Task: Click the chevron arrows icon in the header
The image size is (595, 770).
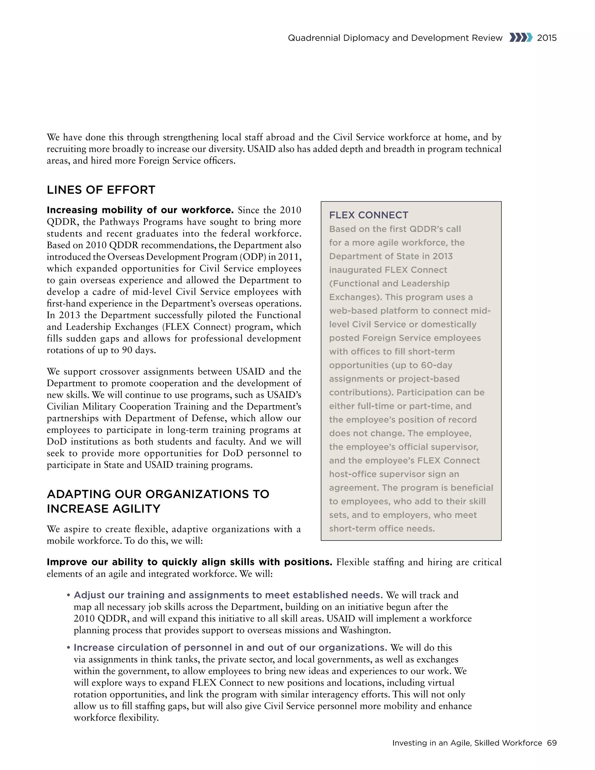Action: (x=520, y=37)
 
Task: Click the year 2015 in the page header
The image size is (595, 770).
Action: (x=547, y=38)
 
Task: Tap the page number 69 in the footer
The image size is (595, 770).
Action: (x=552, y=743)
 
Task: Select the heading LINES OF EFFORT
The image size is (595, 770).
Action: (x=101, y=190)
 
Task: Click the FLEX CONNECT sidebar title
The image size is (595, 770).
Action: (x=368, y=215)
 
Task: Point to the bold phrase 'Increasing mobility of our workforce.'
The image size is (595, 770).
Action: (x=140, y=210)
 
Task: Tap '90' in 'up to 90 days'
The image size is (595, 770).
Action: (x=127, y=350)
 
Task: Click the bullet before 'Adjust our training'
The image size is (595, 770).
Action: (x=68, y=595)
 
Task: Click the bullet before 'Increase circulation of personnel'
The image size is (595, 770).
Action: (x=68, y=648)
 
